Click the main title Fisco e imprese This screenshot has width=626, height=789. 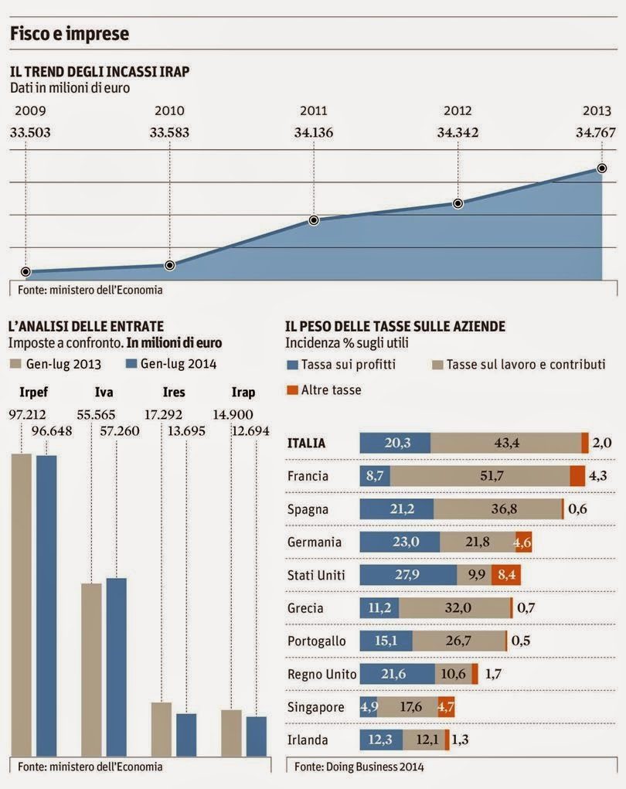[x=69, y=34]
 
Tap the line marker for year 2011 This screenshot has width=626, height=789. [x=314, y=220]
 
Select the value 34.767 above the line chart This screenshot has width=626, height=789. [x=597, y=132]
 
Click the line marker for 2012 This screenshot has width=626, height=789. [x=458, y=203]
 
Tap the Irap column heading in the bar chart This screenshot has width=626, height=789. [x=243, y=393]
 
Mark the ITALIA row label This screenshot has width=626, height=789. [x=307, y=443]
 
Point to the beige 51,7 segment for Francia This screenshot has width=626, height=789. [x=492, y=476]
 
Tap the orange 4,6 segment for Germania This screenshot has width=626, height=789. [x=523, y=542]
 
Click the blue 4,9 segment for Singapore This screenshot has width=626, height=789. [x=368, y=707]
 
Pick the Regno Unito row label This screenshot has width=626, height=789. [x=322, y=674]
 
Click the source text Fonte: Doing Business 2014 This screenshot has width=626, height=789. [x=347, y=767]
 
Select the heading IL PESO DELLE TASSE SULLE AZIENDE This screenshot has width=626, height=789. [x=395, y=327]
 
